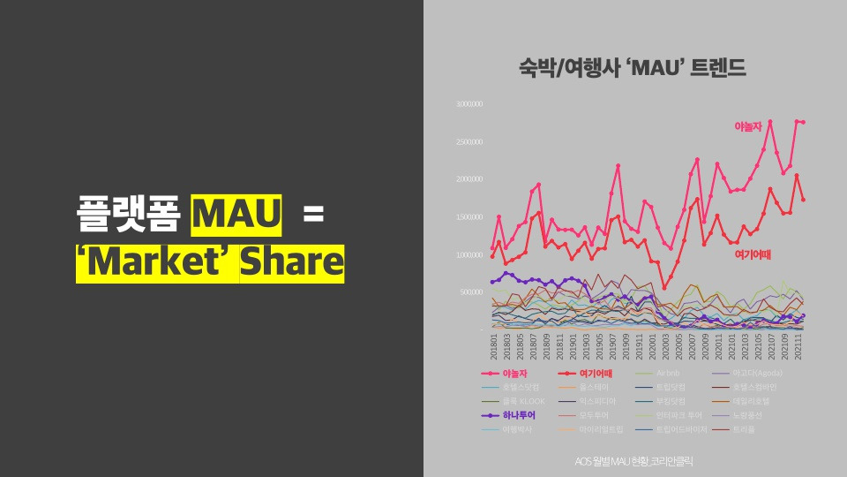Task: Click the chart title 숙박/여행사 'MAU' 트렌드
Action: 633,67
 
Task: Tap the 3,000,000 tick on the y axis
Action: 469,104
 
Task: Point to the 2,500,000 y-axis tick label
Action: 469,141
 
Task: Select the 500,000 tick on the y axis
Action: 470,292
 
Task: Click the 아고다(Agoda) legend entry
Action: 756,373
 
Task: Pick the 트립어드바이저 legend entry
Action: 682,429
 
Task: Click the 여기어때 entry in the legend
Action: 597,373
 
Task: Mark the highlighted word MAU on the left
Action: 236,216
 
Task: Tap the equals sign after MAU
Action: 314,216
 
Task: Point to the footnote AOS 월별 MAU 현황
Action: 633,460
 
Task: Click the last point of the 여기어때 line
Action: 803,200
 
